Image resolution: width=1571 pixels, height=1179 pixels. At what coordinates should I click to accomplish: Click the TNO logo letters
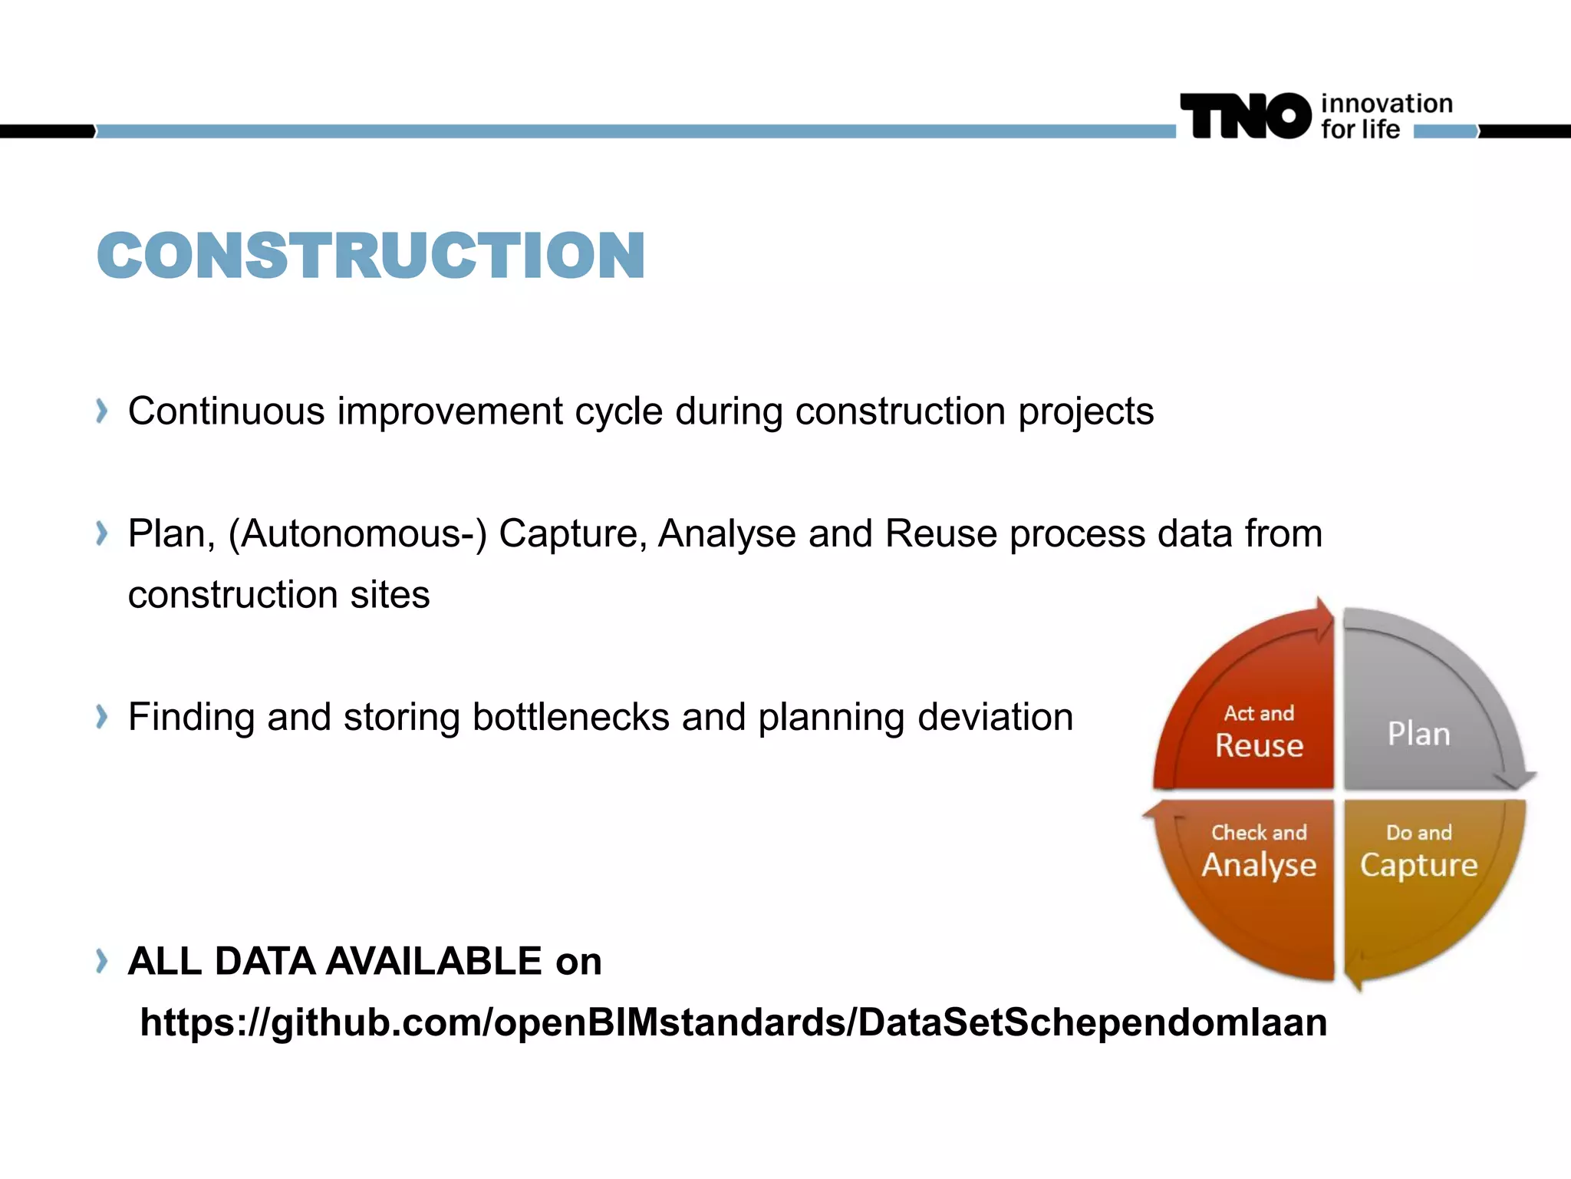click(x=1246, y=117)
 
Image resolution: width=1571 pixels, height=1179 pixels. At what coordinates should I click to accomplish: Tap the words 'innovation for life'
click(x=1385, y=117)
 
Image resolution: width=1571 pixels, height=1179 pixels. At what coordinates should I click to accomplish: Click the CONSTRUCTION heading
click(x=371, y=256)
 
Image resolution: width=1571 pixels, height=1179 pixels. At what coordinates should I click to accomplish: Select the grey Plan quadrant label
click(x=1418, y=734)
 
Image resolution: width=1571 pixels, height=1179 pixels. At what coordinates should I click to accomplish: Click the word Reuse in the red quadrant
click(x=1259, y=745)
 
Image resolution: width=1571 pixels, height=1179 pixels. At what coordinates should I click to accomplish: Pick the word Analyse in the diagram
click(x=1259, y=865)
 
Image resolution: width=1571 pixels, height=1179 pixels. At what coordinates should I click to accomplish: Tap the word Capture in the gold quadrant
click(x=1418, y=865)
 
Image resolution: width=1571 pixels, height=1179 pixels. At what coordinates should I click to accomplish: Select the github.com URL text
click(x=733, y=1022)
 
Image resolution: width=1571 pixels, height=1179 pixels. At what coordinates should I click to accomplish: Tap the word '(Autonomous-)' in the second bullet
click(x=357, y=533)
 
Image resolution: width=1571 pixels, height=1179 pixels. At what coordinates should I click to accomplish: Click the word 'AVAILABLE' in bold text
click(x=434, y=961)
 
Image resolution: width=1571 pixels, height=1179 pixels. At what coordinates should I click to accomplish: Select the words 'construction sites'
click(x=278, y=595)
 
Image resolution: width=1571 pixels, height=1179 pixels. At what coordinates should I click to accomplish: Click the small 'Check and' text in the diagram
click(x=1259, y=833)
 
